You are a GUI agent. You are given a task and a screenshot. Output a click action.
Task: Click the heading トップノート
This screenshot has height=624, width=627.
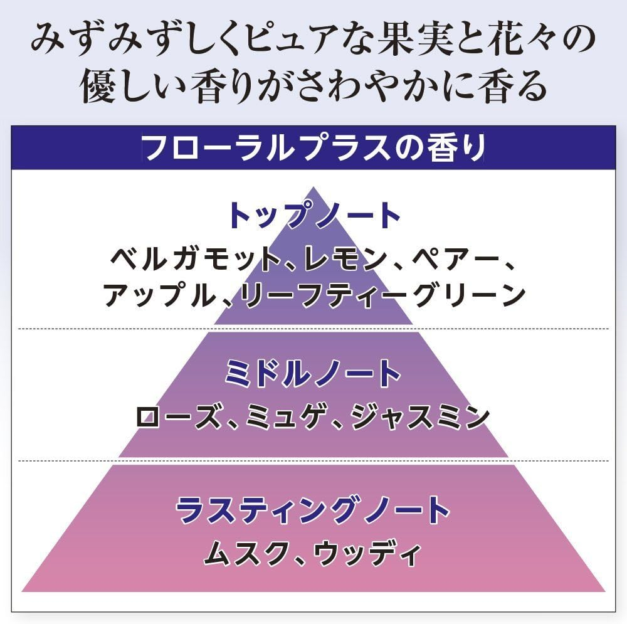(313, 215)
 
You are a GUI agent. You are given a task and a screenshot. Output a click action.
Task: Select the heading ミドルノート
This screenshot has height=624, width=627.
(313, 373)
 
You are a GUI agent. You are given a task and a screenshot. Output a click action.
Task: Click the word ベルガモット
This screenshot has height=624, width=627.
(196, 259)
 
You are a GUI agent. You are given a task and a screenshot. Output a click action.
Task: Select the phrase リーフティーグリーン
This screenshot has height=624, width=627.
(382, 295)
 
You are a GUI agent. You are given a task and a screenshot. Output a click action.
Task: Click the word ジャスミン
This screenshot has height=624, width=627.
(420, 417)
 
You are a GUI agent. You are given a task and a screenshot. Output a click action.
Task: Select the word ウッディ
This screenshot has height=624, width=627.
(367, 553)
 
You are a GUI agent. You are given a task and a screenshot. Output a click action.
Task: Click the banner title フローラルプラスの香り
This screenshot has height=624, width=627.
(313, 147)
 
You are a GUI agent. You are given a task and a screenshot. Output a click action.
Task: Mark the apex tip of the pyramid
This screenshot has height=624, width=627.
(313, 187)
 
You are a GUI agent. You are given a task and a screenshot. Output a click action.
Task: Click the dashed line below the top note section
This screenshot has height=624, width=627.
(313, 329)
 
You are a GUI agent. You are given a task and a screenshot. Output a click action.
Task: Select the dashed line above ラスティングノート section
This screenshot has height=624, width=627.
(313, 461)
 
